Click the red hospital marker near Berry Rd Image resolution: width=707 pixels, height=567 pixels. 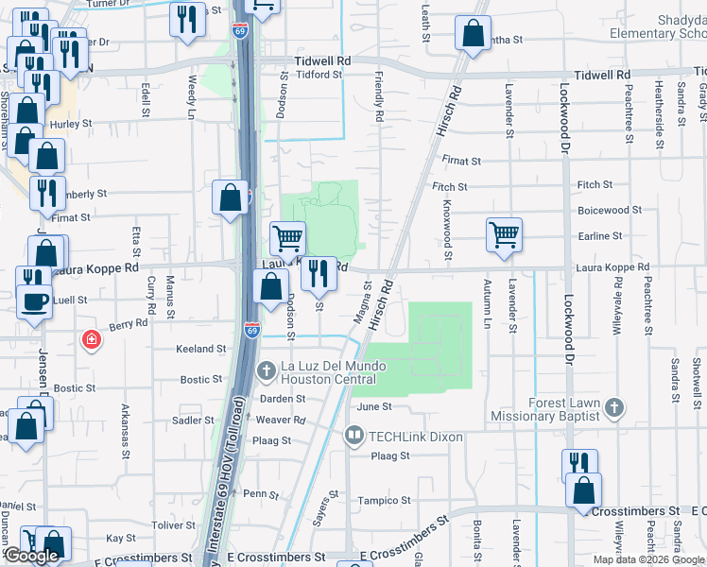91,338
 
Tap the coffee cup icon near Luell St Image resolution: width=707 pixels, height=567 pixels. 35,302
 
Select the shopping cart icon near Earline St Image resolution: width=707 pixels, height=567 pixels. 505,234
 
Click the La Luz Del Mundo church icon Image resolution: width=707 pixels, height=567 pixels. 267,368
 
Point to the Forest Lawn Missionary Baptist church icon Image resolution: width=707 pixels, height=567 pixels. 614,407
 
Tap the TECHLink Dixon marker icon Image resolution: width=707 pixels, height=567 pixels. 354,435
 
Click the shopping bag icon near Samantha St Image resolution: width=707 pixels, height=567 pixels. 472,33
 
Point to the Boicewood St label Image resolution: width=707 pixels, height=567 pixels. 609,210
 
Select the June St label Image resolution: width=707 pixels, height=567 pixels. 374,406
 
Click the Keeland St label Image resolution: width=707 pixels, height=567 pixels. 200,349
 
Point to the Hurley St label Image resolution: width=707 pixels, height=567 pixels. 72,124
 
